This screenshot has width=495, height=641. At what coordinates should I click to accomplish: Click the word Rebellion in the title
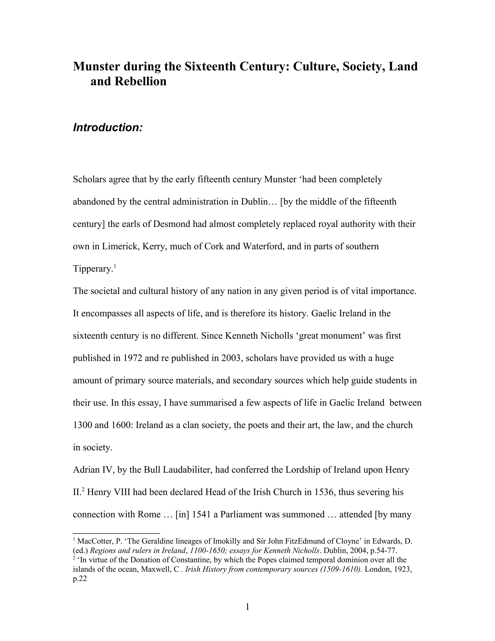[140, 81]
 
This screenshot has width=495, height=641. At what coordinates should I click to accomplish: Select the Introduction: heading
[108, 128]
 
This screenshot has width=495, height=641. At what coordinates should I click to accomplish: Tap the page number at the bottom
[247, 607]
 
